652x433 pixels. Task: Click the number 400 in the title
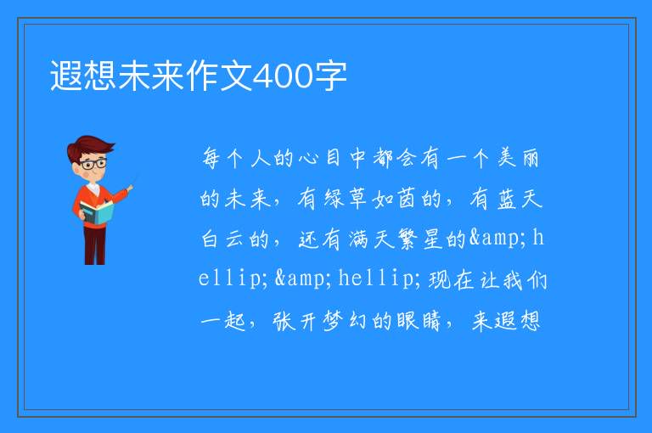[284, 76]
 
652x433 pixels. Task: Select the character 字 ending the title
[330, 76]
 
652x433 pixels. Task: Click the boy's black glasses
[93, 164]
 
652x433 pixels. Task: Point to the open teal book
[97, 212]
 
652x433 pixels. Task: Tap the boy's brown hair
[89, 147]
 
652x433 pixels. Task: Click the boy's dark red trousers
[95, 245]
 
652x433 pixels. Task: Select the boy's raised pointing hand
[130, 188]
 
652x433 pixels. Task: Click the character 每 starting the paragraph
[211, 158]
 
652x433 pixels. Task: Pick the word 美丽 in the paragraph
[519, 158]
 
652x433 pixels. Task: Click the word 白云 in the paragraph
[222, 239]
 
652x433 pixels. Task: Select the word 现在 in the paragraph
[451, 279]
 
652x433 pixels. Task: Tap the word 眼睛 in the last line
[419, 321]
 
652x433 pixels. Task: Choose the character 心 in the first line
[308, 158]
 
